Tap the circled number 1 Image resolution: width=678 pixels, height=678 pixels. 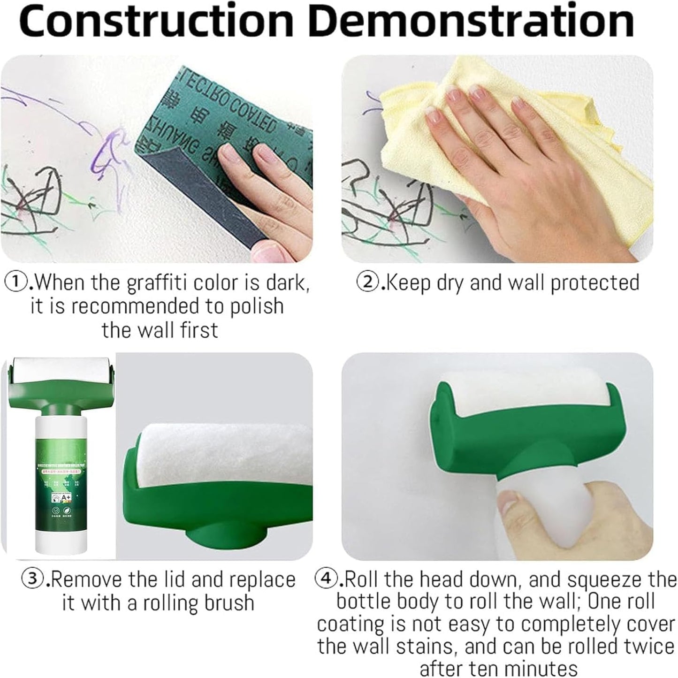click(14, 282)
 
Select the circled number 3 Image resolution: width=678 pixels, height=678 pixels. click(33, 579)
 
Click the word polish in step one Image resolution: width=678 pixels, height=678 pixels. click(257, 306)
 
